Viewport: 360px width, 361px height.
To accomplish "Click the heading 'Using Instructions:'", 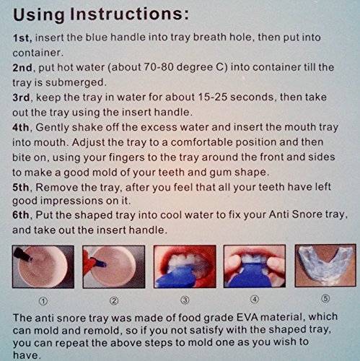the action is (x=101, y=14).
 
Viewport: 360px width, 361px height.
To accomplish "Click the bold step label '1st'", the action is (x=22, y=38).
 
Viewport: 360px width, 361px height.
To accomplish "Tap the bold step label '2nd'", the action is (x=22, y=68).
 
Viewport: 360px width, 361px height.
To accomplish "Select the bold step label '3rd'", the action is (x=22, y=97).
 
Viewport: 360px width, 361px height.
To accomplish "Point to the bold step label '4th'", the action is (x=21, y=128).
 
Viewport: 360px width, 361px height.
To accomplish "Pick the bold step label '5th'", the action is (x=21, y=187).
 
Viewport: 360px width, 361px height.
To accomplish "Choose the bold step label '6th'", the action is (x=21, y=215).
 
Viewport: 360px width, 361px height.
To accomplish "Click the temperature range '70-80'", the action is (x=159, y=67).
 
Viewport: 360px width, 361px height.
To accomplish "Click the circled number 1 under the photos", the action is (x=43, y=301).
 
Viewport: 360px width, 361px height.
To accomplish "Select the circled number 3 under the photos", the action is (x=185, y=300).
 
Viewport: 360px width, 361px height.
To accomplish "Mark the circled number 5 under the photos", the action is (x=325, y=299).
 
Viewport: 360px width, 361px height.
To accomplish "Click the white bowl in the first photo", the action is (x=43, y=266).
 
